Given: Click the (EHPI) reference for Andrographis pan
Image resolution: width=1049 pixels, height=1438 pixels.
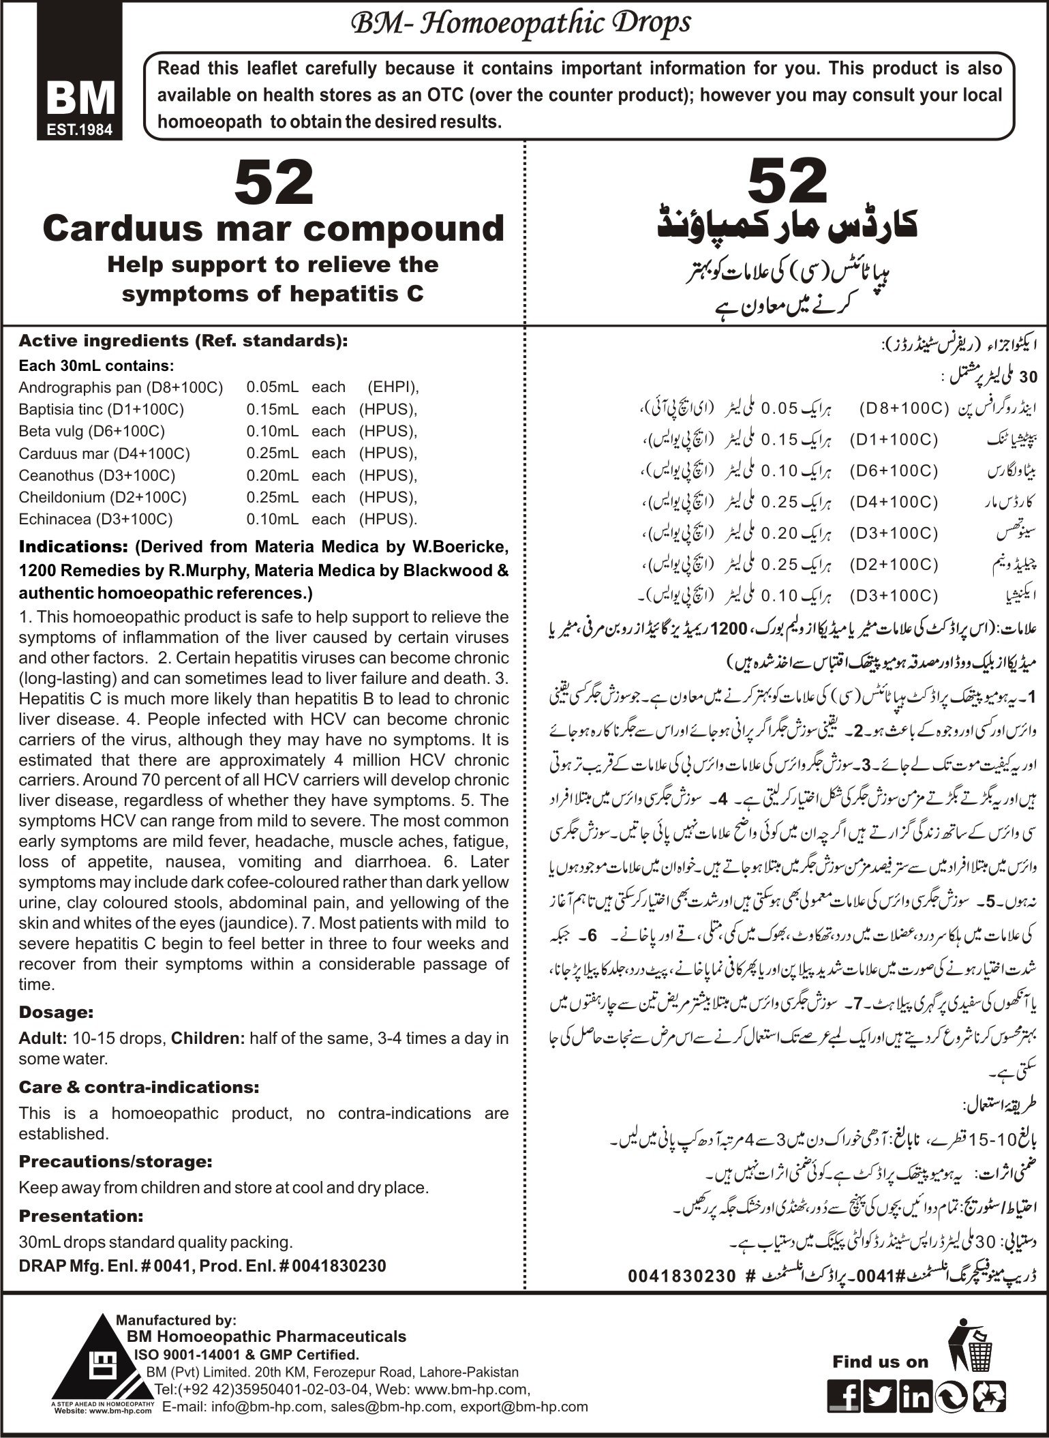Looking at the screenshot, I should coord(392,387).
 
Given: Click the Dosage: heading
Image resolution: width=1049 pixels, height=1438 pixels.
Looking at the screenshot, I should coord(56,1012).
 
